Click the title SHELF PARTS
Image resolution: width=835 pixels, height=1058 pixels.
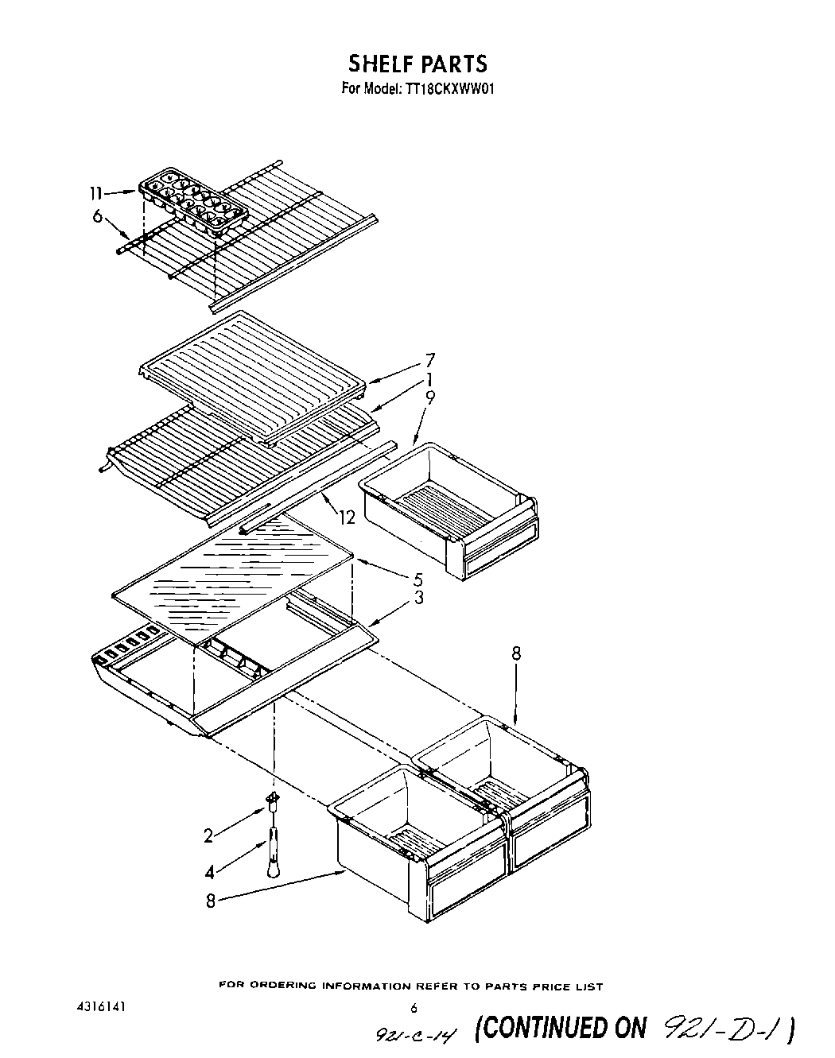click(417, 63)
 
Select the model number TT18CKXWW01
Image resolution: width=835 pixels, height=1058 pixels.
click(452, 89)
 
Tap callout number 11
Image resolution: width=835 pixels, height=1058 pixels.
click(95, 193)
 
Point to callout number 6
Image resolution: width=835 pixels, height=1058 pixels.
click(97, 216)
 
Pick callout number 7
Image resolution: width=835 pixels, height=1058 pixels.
click(429, 360)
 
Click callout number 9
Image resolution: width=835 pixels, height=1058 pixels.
click(429, 399)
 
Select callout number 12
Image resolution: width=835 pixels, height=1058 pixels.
click(347, 518)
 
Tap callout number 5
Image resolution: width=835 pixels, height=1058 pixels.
click(417, 579)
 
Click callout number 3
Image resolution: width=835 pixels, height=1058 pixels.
click(417, 598)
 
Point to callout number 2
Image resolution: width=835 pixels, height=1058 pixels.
click(208, 835)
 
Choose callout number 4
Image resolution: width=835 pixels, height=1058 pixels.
click(210, 872)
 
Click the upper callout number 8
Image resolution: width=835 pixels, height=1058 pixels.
click(516, 653)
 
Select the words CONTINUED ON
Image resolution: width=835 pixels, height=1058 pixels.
click(561, 1027)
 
